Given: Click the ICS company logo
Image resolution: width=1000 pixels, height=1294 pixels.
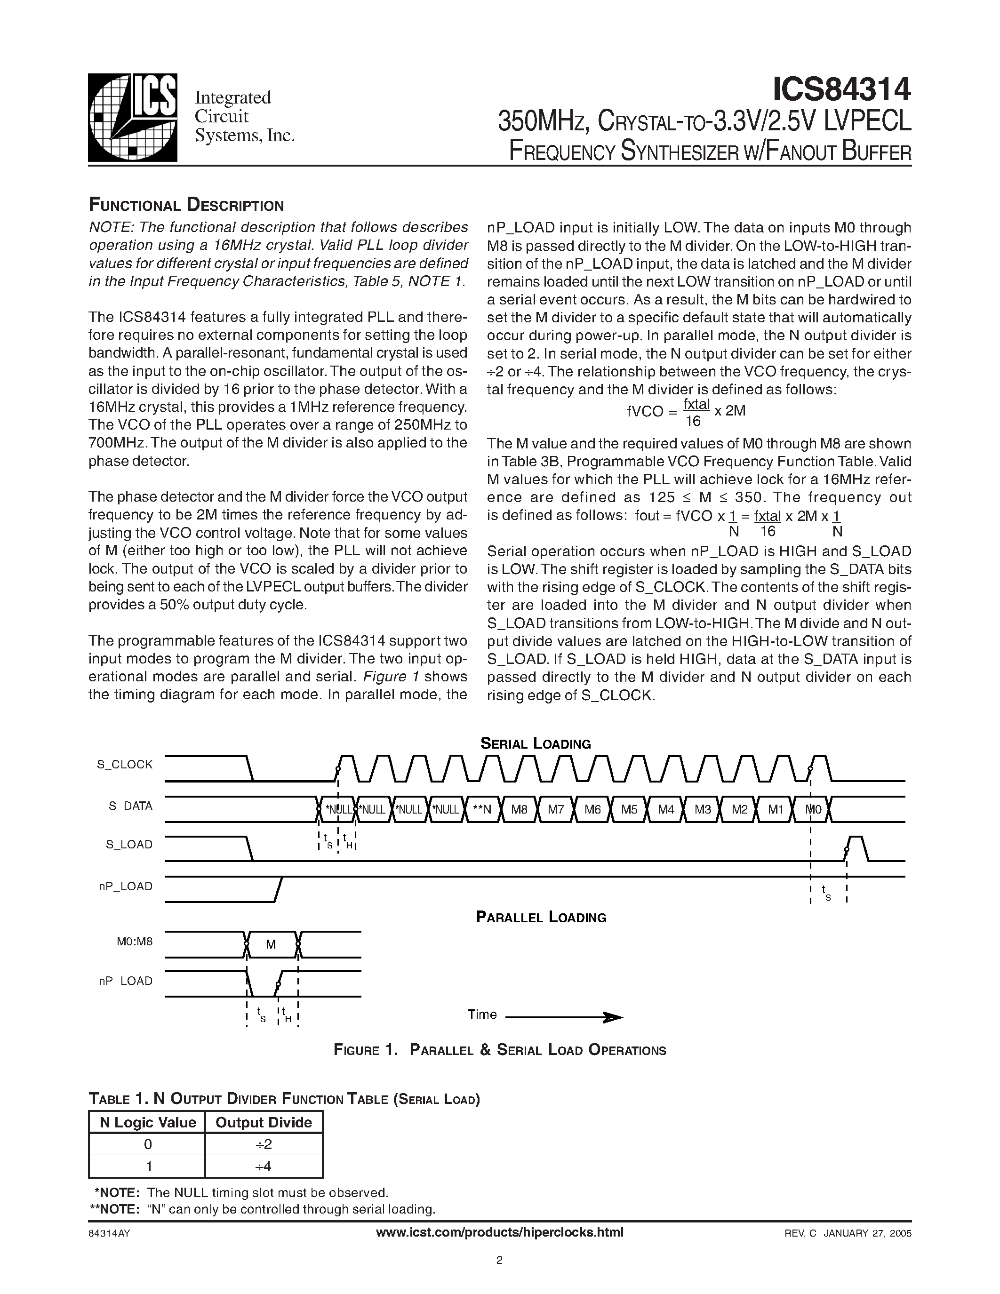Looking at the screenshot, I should tap(132, 117).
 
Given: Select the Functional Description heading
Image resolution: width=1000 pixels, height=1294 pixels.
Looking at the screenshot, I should tap(186, 205).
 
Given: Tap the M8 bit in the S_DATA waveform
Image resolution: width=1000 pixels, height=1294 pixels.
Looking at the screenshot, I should tap(519, 809).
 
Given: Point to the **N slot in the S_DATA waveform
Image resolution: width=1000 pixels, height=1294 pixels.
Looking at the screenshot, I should tap(482, 809).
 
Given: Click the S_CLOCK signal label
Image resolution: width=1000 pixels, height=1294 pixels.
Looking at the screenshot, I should tap(125, 764).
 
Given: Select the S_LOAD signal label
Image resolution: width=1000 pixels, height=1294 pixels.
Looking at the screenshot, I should tap(129, 844).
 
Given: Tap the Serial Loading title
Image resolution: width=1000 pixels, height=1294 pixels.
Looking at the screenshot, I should tap(535, 743).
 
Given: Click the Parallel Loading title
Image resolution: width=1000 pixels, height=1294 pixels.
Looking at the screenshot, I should tap(541, 917).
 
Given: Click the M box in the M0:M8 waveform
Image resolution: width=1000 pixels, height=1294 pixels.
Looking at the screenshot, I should tap(271, 944).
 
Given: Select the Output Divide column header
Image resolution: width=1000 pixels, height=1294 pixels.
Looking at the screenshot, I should tap(264, 1122).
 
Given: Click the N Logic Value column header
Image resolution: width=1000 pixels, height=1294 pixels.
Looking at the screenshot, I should tap(147, 1122).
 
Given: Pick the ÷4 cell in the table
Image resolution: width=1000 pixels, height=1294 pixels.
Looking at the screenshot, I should tap(264, 1166).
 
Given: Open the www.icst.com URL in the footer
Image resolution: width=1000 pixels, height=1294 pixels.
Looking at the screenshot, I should tap(499, 1232).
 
